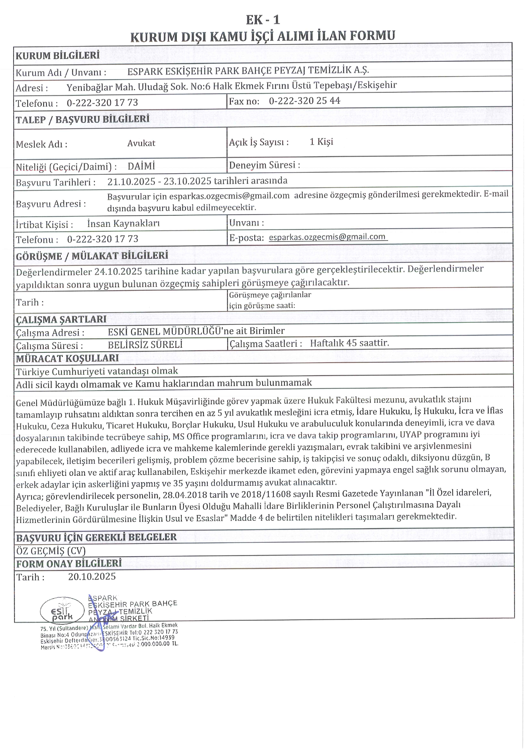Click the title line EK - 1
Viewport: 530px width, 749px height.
point(263,20)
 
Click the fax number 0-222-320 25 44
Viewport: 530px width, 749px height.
point(304,101)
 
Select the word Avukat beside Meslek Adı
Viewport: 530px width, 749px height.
point(141,143)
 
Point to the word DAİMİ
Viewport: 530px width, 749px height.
point(141,166)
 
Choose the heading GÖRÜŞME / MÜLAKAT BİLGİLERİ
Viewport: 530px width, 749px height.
point(92,256)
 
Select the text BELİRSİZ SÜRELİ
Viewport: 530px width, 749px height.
point(145,345)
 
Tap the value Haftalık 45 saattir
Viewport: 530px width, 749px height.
point(349,343)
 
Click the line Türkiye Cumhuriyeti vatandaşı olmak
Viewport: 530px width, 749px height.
point(97,371)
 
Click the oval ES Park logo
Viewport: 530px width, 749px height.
point(62,610)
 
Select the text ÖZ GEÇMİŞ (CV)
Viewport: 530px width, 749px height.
point(51,551)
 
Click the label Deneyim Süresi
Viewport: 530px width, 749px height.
point(264,165)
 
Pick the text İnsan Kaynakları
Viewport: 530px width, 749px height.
point(123,223)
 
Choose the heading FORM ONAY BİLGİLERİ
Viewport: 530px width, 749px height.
point(68,563)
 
